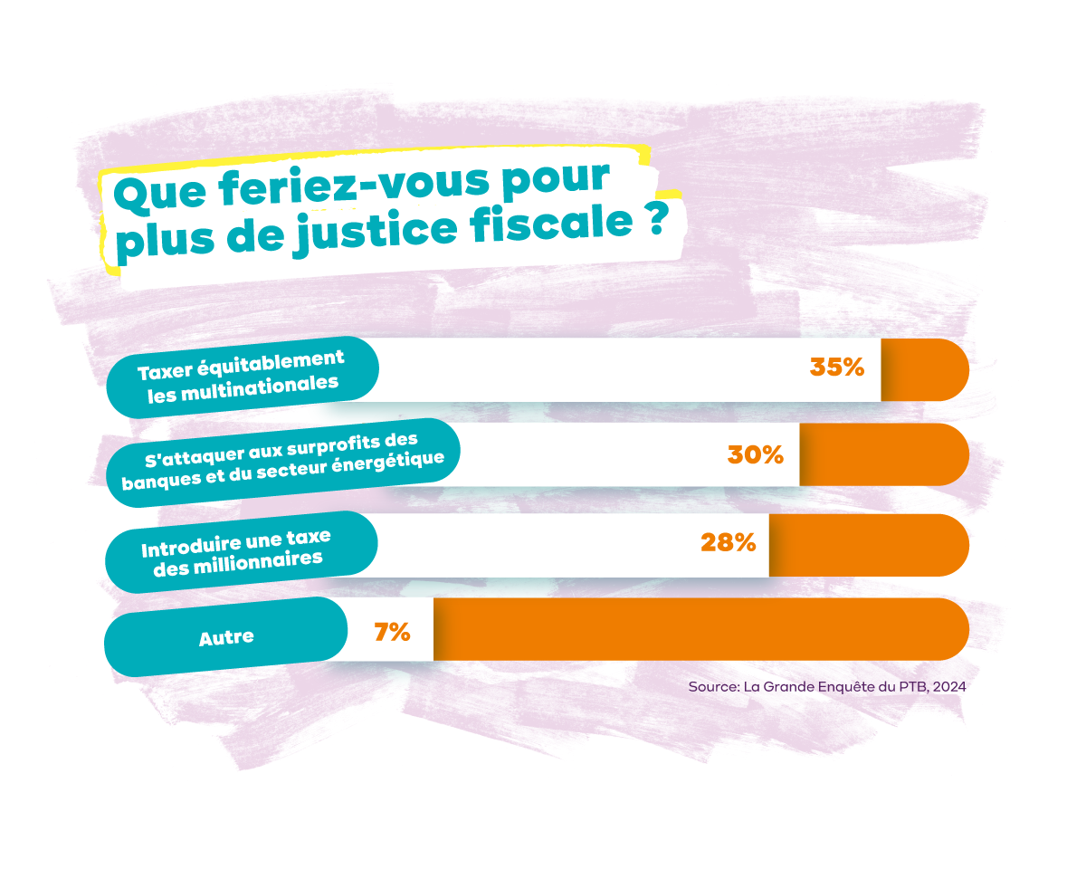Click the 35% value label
[837, 368]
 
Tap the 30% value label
[755, 454]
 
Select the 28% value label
[728, 542]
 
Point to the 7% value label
[392, 632]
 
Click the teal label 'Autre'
[226, 636]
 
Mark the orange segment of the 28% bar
[869, 545]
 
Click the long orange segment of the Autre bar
[701, 629]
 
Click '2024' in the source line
[948, 687]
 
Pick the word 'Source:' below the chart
[714, 687]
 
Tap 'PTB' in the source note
[911, 687]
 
